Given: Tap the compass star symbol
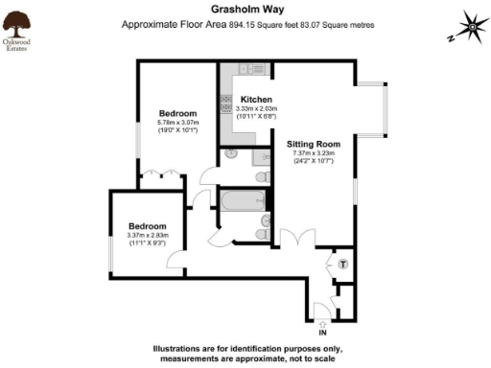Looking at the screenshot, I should pos(471,23).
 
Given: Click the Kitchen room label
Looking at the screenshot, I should pos(256,100).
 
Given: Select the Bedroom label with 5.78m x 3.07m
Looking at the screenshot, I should pos(177,113).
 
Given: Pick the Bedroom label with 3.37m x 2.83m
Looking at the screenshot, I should pos(148,226).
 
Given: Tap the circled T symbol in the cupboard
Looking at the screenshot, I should pos(343,263).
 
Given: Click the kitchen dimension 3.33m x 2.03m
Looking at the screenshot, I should pos(256,109).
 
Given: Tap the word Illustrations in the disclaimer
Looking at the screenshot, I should pos(182,347).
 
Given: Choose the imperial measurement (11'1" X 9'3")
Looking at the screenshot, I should pos(148,244).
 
